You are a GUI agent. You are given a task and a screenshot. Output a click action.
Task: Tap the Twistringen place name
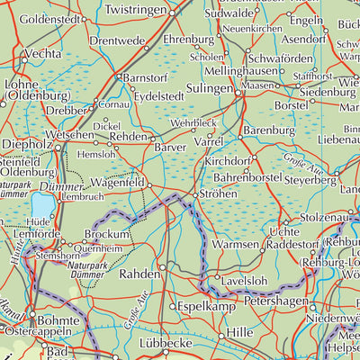pos(137,9)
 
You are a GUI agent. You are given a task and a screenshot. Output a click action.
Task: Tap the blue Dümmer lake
pos(42,205)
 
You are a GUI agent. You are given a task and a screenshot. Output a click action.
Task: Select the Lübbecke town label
pos(175,344)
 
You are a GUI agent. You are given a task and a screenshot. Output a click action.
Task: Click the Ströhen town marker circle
pos(195,193)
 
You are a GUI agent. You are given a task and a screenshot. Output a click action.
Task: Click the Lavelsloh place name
pos(247,280)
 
